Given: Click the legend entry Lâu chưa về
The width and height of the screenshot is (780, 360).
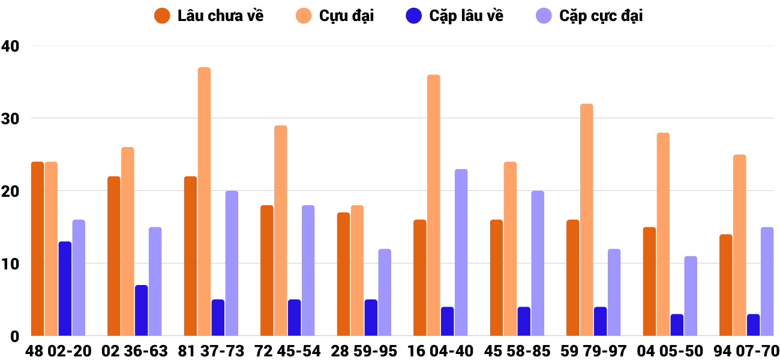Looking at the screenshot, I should point(209,16).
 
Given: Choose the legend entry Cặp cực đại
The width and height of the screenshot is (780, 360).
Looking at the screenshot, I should point(589,16).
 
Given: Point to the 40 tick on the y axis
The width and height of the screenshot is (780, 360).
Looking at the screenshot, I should point(11,46).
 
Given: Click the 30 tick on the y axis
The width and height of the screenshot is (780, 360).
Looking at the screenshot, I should point(11,119).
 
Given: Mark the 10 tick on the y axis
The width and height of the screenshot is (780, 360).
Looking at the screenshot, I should point(11,264).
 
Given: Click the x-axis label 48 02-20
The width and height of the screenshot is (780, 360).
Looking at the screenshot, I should point(58,350).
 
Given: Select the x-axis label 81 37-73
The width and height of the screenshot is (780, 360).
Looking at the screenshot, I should point(211,350).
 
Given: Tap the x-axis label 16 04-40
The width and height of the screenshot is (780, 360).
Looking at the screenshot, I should point(440,350).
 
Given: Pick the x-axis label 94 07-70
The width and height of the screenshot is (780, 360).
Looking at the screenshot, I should point(746,350).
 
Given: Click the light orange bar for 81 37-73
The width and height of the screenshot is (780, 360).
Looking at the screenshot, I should point(204,202).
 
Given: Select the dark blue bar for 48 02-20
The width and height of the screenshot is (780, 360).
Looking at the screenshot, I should point(65,289).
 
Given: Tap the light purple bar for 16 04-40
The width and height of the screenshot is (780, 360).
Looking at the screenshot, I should point(461,253).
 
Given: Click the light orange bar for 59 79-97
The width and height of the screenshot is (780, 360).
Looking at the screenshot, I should point(586,220).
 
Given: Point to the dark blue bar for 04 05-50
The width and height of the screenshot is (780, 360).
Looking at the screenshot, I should point(677,325).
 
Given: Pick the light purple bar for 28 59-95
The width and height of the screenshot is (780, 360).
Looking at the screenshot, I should point(385,292).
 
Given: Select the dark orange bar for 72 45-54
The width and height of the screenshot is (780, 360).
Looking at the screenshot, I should point(267,271).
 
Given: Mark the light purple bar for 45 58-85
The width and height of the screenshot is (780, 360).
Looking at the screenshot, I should point(538,263).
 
